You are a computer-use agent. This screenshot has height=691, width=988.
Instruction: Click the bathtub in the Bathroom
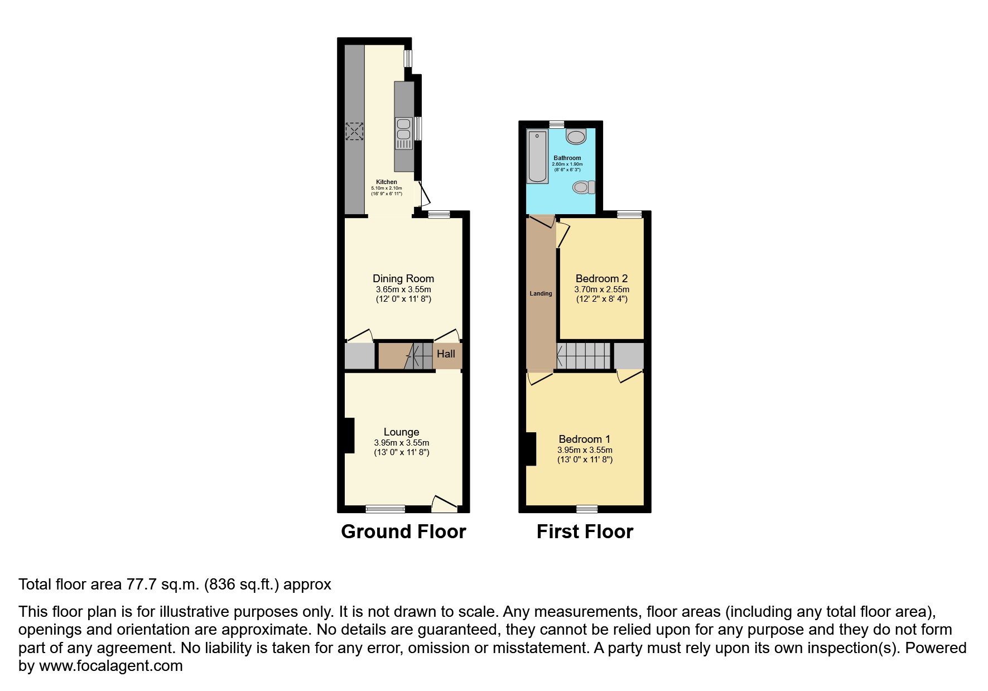pos(538,156)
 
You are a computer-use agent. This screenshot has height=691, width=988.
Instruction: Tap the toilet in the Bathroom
pos(584,187)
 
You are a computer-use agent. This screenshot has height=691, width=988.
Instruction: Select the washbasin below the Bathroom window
pos(576,136)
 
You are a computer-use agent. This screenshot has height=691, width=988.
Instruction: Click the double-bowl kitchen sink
pos(404,134)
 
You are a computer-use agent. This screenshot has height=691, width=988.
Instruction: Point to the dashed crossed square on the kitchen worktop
pos(354,132)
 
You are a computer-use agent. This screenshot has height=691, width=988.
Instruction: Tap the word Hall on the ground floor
pos(446,354)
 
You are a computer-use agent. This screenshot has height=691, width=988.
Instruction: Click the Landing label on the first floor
pos(541,293)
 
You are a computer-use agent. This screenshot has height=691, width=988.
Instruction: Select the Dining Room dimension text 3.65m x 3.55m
pos(403,289)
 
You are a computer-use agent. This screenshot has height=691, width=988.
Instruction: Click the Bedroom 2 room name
pos(602,278)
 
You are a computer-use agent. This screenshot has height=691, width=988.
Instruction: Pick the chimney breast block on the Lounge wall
pos(349,436)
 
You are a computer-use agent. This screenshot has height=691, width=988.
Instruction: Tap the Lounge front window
pos(385,509)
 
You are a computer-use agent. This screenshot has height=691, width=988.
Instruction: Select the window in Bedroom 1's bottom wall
pos(587,509)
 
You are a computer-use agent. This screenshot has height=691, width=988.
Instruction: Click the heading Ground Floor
pos(403,531)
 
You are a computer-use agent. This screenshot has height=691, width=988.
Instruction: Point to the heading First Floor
pos(585,531)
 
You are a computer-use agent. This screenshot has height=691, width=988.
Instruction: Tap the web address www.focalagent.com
pos(111,666)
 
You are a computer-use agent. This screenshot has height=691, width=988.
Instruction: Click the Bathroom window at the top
pos(557,124)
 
